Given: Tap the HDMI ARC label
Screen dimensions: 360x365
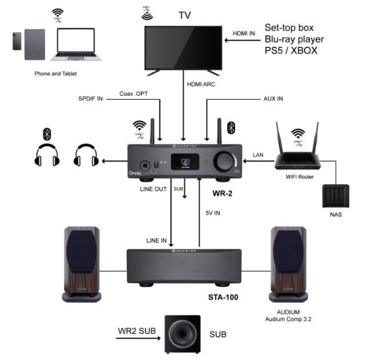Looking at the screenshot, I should point(200,85).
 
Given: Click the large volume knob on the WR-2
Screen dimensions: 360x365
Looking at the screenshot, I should point(223,161).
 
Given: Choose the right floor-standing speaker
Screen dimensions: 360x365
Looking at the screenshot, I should point(289,263).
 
